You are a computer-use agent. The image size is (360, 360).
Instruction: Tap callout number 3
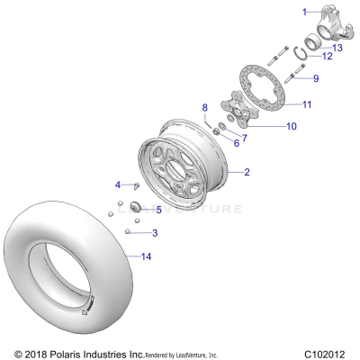(x=155, y=232)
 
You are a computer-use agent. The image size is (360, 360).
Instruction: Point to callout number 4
(x=117, y=185)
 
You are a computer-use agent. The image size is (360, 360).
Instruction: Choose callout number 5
(x=158, y=210)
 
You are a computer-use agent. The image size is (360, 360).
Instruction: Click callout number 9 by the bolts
(x=315, y=77)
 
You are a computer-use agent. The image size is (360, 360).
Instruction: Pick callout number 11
(x=306, y=104)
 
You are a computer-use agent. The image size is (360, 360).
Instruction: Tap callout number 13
(x=337, y=47)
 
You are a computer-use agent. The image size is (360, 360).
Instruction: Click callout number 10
(x=291, y=126)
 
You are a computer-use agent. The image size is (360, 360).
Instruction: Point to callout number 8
(x=204, y=107)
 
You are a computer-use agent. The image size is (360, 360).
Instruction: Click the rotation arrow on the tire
(x=88, y=310)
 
